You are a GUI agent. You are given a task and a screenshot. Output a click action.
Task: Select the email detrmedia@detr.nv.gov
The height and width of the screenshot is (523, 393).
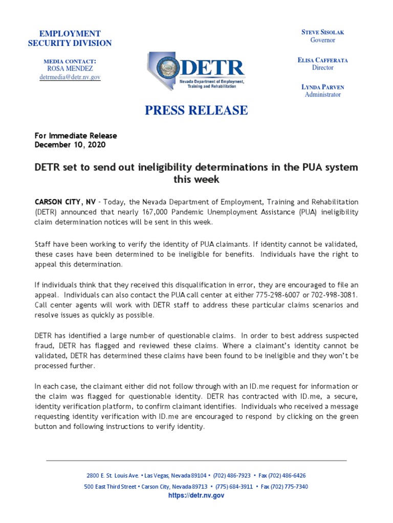tap(70, 77)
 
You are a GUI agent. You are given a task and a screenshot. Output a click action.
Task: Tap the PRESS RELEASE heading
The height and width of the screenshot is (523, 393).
tap(196, 110)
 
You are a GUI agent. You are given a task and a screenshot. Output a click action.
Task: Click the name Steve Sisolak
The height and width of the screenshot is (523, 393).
tap(323, 32)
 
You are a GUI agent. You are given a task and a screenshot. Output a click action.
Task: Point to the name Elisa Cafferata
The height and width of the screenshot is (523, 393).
tap(323, 60)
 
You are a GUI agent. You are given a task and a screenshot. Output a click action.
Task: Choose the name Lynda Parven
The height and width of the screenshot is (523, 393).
tap(323, 87)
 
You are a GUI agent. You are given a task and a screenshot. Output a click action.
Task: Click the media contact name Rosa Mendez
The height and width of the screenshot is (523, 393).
tap(70, 68)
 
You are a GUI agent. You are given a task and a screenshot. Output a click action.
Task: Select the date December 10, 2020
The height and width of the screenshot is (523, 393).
tap(71, 145)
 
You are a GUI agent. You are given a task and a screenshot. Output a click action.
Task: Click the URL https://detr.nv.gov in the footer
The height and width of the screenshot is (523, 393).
tap(196, 495)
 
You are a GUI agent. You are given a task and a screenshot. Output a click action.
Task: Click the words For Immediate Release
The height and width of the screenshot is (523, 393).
tap(76, 136)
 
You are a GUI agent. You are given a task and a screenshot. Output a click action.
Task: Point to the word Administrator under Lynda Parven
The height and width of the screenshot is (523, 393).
tap(323, 94)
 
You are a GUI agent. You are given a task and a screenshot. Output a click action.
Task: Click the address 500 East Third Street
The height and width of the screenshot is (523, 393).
tap(110, 487)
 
